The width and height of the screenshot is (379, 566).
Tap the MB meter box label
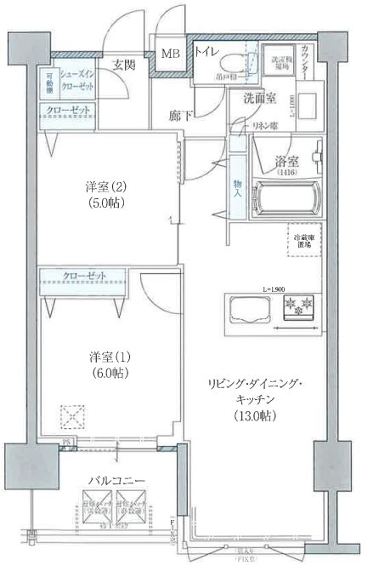(170, 54)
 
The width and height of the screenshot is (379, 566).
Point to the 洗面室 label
(258, 98)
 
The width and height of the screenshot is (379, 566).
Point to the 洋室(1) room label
(107, 356)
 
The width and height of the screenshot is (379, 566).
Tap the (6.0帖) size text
(107, 373)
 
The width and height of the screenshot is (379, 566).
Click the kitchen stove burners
(297, 306)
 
